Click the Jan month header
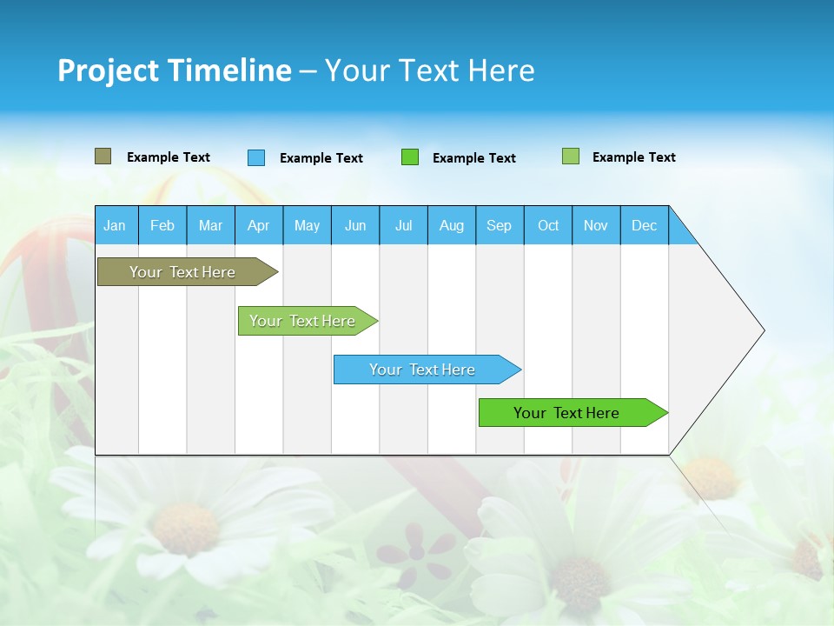pos(115,226)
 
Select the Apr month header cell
pos(259,226)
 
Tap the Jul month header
pos(403,226)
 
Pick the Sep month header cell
pos(500,226)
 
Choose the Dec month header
pos(644,226)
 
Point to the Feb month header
pos(162,226)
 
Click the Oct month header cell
pos(548,226)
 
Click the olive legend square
pos(103,156)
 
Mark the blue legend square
pos(256,157)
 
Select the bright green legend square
pos(410,157)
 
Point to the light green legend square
pos(571,156)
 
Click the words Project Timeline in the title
pos(175,70)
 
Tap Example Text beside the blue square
pos(321,158)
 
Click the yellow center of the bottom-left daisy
pos(184,529)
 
